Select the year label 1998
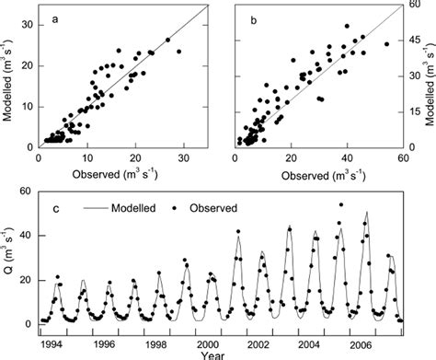click(x=158, y=335)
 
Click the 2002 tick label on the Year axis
click(x=265, y=335)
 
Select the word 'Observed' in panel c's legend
click(x=212, y=208)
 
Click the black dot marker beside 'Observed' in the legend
click(x=175, y=208)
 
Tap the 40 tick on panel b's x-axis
click(x=348, y=157)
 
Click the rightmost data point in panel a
click(x=178, y=52)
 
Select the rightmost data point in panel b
click(x=386, y=43)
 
